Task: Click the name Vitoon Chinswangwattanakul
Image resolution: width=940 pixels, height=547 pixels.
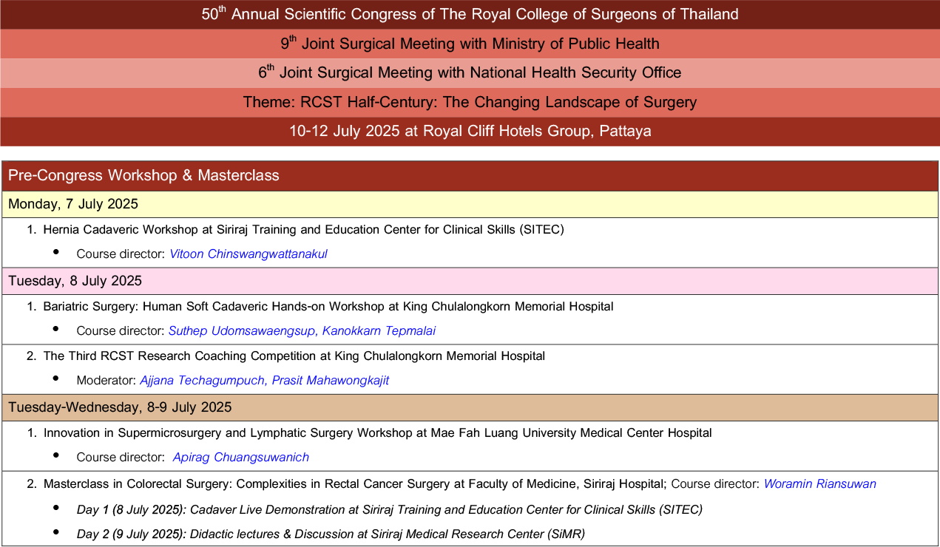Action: [248, 254]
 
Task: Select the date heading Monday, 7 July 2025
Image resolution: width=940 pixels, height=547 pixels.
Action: [73, 204]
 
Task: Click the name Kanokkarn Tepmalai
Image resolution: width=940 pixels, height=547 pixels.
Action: [379, 331]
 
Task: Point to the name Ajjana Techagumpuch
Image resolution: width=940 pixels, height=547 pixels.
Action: [202, 381]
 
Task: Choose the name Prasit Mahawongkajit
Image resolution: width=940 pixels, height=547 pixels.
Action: [331, 381]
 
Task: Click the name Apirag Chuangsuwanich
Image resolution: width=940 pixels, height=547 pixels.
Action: [241, 458]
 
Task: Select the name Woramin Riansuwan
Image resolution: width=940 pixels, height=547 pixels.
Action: [820, 483]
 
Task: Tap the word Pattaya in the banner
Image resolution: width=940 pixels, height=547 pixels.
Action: [625, 132]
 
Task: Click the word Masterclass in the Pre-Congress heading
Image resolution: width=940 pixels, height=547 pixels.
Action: [238, 175]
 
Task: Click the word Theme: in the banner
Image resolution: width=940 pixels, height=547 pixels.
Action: [269, 102]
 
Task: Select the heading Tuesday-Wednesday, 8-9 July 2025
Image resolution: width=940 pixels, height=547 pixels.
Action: [120, 407]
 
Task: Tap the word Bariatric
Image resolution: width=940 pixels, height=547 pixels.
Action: [67, 307]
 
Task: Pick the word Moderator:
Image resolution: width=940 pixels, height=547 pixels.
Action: [106, 381]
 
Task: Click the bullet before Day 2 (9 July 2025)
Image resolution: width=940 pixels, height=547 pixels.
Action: [55, 532]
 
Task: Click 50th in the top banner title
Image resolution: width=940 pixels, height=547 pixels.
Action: [214, 13]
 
